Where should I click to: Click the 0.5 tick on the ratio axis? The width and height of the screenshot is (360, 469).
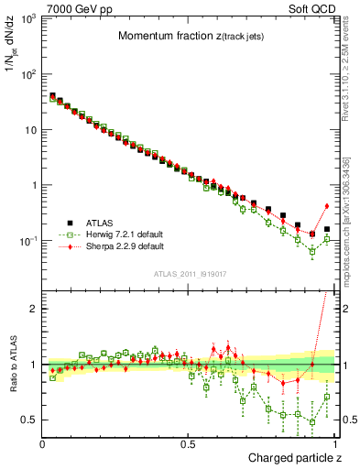tap(29, 420)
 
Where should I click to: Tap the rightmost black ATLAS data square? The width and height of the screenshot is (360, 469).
tap(327, 229)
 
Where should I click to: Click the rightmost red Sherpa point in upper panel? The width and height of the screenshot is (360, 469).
tap(327, 205)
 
